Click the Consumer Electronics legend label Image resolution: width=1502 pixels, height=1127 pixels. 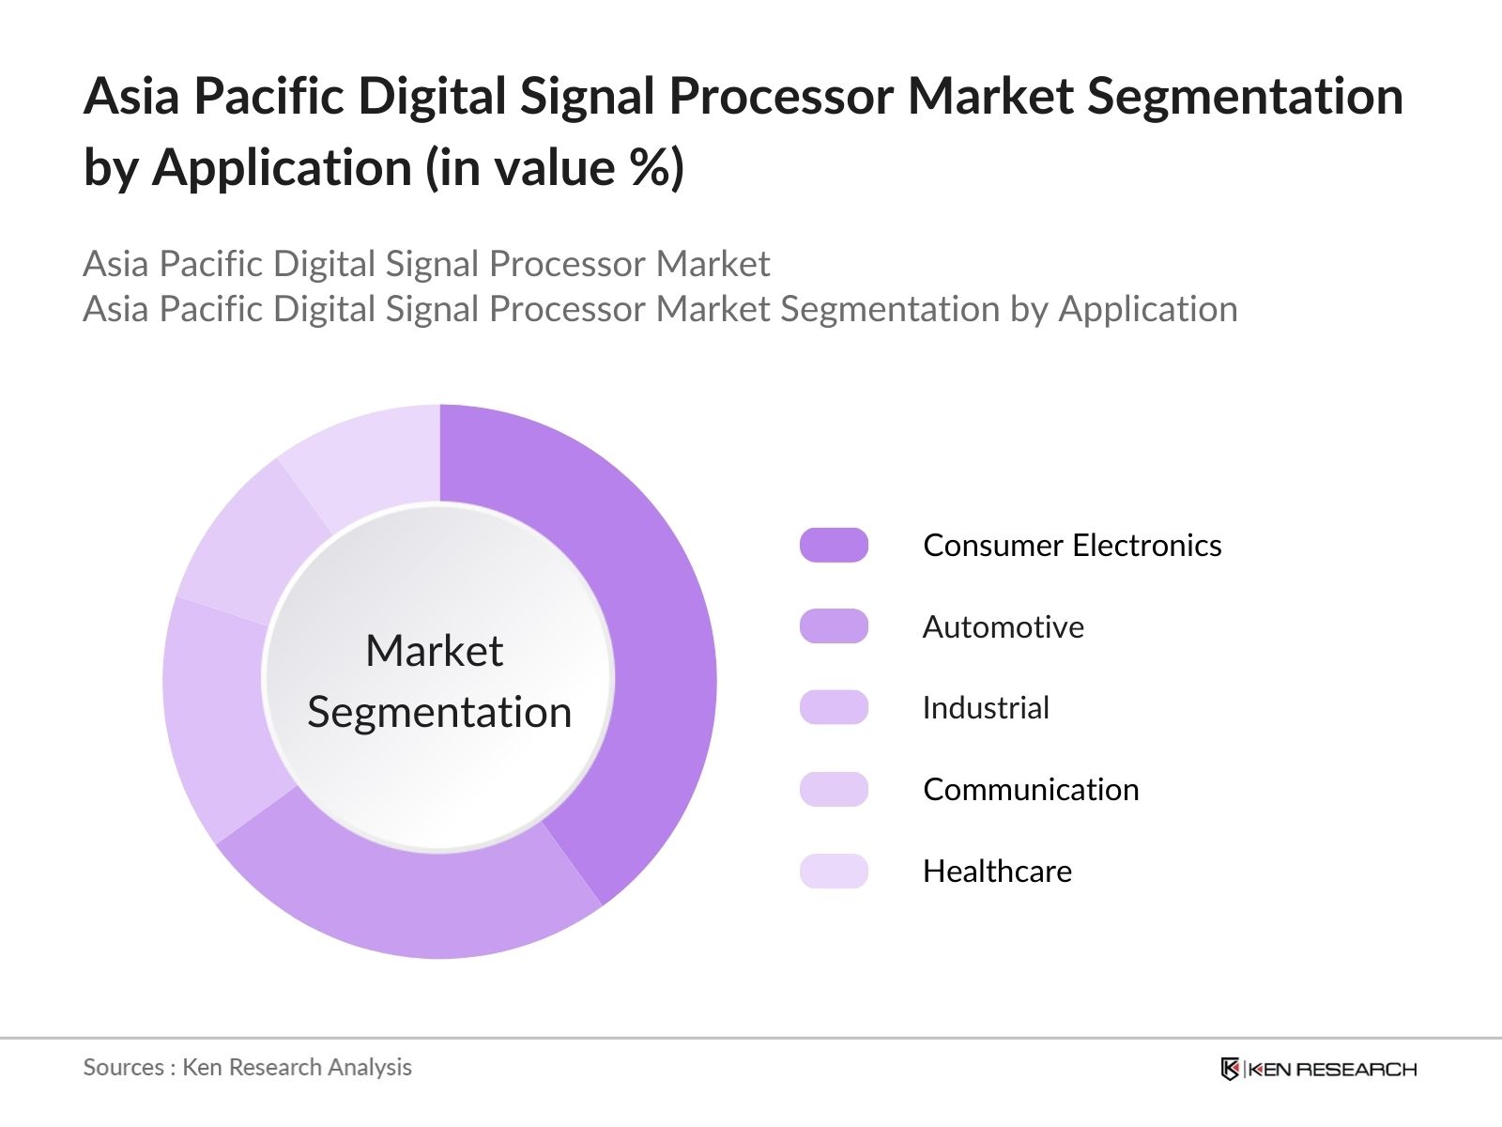pos(1072,546)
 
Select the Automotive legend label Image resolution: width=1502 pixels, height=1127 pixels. pos(1003,626)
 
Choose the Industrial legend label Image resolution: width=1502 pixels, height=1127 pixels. pos(986,708)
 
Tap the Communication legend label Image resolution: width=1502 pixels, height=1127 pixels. pos(1031,790)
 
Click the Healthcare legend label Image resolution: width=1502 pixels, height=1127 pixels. pos(997,872)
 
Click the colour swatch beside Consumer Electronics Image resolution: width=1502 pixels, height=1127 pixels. pos(834,546)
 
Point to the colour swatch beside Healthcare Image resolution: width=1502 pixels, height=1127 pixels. pos(834,872)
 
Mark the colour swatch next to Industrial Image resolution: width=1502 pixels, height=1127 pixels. pos(834,708)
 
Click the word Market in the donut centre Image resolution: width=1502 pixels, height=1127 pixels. pos(434,651)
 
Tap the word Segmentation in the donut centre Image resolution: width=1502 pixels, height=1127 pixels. pos(439,712)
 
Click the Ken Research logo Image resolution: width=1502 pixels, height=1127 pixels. pos(1318,1069)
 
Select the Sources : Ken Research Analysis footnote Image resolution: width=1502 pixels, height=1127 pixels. pos(247,1068)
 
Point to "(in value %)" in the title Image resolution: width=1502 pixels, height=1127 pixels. pos(554,169)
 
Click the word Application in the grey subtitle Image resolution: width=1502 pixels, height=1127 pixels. pos(1147,310)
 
